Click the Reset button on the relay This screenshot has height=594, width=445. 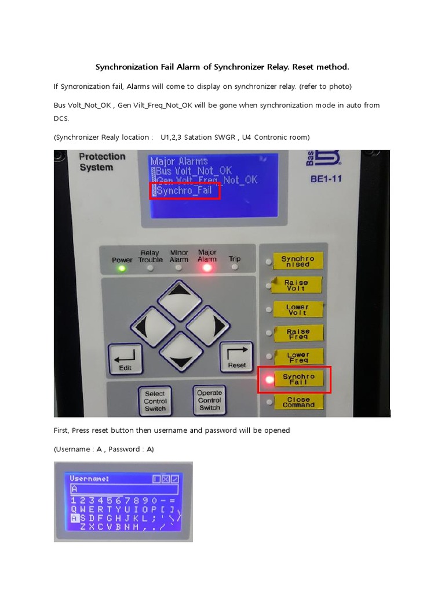[x=236, y=356]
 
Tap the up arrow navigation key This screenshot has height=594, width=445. [x=180, y=299]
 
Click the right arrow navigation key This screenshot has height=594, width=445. [x=209, y=325]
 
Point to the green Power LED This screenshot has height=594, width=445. [x=122, y=269]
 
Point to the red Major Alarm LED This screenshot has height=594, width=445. [x=207, y=268]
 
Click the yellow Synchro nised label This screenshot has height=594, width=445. [x=297, y=262]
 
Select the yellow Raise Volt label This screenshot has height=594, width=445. [x=296, y=285]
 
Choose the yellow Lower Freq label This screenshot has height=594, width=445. [x=298, y=357]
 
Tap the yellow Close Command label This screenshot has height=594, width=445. [x=298, y=402]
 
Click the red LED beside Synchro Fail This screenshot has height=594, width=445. [x=269, y=380]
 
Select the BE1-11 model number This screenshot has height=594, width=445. [x=326, y=179]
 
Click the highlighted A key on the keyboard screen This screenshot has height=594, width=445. [x=75, y=517]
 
